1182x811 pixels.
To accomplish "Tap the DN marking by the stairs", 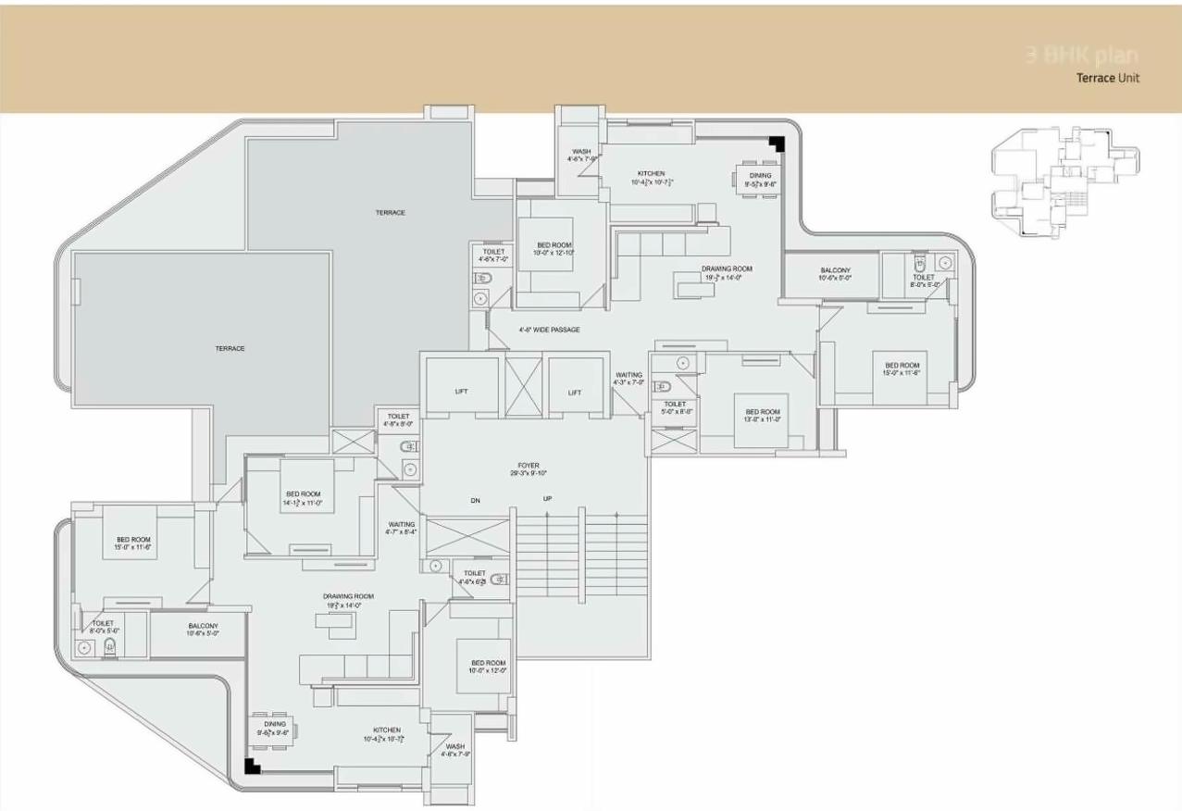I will pyautogui.click(x=475, y=500).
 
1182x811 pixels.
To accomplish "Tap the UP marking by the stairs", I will pyautogui.click(x=547, y=500).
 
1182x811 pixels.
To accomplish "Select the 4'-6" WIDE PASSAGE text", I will pyautogui.click(x=549, y=330).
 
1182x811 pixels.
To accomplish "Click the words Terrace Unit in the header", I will pyautogui.click(x=1107, y=78).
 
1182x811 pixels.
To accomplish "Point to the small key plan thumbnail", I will pyautogui.click(x=1064, y=181).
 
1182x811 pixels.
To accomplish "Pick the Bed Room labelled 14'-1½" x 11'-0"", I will pyautogui.click(x=303, y=499).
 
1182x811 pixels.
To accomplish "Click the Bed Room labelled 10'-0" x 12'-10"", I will pyautogui.click(x=554, y=248).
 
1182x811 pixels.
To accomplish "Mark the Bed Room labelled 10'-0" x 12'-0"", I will pyautogui.click(x=488, y=667).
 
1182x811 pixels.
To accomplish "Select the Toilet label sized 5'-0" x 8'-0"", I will pyautogui.click(x=675, y=407).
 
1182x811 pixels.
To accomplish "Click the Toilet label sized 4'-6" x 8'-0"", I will pyautogui.click(x=398, y=420).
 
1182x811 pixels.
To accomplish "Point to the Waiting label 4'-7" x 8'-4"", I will pyautogui.click(x=402, y=528).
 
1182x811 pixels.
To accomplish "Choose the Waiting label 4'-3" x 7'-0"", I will pyautogui.click(x=628, y=378).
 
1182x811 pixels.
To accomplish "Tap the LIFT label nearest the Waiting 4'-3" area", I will pyautogui.click(x=575, y=393).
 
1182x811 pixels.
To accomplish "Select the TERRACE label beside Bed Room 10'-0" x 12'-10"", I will pyautogui.click(x=390, y=213).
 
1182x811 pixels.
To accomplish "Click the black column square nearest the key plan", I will pyautogui.click(x=778, y=143).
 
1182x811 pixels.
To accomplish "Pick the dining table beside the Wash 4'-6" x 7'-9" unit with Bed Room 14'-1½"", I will pyautogui.click(x=274, y=729).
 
